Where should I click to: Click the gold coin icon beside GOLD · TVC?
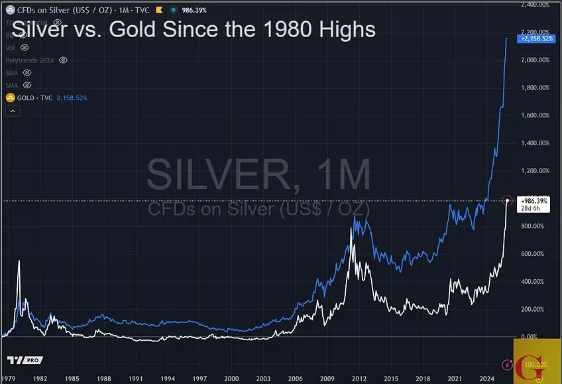click(x=10, y=97)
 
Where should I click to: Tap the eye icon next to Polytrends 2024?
click(x=63, y=60)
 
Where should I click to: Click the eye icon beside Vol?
click(x=25, y=48)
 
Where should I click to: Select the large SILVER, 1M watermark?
click(x=258, y=174)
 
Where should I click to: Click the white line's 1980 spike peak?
click(x=19, y=261)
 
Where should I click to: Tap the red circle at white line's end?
click(x=508, y=200)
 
